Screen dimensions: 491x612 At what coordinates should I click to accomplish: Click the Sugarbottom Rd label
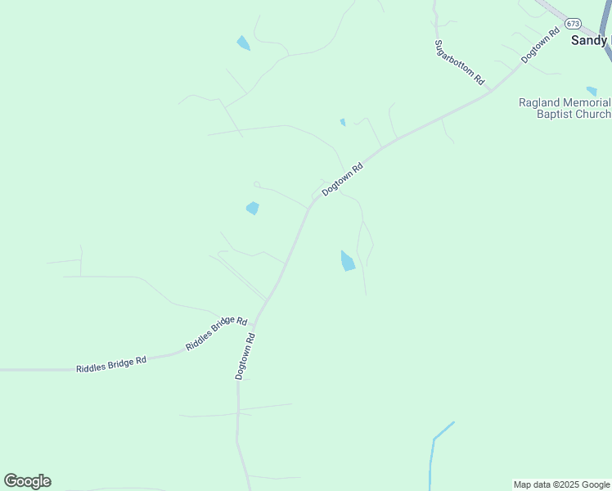[x=459, y=62]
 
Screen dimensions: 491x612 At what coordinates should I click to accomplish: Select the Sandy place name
[x=589, y=39]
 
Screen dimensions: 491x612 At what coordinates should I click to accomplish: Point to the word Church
[x=592, y=115]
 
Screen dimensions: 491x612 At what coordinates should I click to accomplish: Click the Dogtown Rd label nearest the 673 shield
[x=540, y=47]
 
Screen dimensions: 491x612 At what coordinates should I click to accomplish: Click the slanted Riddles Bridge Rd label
[x=216, y=333]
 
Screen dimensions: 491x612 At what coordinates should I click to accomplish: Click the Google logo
[x=27, y=481]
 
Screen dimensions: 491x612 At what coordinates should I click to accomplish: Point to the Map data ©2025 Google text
[x=561, y=484]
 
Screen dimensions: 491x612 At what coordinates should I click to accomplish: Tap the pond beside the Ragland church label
[x=592, y=92]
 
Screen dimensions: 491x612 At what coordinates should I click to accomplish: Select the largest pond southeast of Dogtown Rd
[x=348, y=261]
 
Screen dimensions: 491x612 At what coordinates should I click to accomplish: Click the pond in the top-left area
[x=243, y=43]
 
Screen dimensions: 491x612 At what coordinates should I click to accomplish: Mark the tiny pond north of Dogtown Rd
[x=343, y=123]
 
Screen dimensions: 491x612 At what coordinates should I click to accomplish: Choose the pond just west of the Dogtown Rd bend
[x=253, y=209]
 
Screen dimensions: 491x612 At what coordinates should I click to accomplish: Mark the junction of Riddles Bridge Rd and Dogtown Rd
[x=255, y=322]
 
